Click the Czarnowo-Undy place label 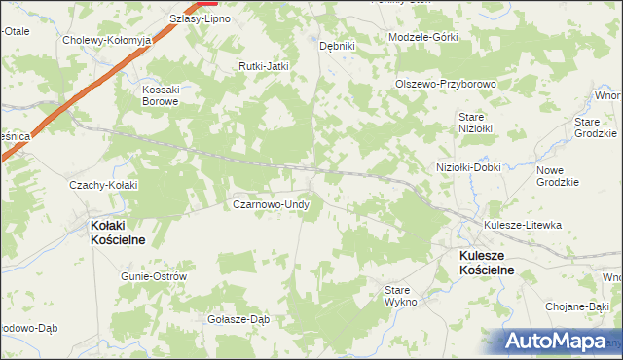(271, 205)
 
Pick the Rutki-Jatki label (265, 66)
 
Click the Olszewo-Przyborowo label (446, 84)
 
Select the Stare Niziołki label (476, 122)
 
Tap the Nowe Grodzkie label (558, 176)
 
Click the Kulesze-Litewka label (523, 225)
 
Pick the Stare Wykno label (400, 296)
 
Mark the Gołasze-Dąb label (238, 319)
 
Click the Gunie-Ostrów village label (154, 276)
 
